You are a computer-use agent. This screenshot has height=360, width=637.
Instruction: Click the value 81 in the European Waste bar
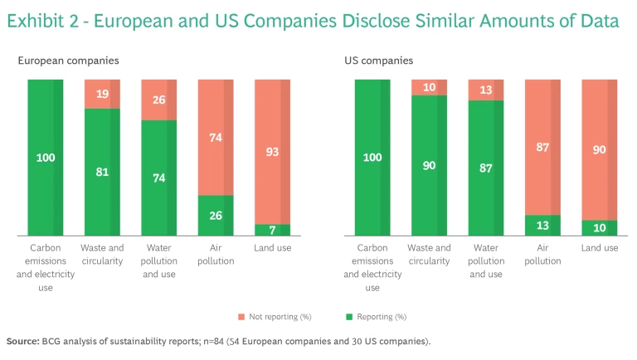coord(103,173)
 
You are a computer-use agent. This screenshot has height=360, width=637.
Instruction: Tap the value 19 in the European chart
coord(103,94)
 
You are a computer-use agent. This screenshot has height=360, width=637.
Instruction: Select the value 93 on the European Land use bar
coord(273,152)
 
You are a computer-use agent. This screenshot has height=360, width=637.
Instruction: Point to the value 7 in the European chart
coord(273,230)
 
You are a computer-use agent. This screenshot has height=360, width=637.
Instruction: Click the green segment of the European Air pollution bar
coord(216,216)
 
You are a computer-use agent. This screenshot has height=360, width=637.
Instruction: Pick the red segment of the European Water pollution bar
coord(159,100)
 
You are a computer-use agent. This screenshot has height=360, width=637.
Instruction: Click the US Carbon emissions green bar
coord(372,158)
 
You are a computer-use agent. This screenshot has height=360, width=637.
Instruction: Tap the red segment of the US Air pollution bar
coord(542,147)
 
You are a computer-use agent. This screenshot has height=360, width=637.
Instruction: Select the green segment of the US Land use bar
coord(600,228)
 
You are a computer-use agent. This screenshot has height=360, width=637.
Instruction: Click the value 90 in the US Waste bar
coord(429,166)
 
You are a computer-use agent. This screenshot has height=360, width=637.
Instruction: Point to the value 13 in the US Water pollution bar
coord(486,90)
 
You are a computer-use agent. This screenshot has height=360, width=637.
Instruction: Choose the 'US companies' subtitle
coord(378,61)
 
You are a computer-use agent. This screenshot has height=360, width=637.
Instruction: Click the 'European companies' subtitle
coord(68,61)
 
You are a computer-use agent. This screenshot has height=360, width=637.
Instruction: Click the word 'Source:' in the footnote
coord(22,341)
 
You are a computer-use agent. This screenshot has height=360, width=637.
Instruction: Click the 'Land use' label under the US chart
coord(600,248)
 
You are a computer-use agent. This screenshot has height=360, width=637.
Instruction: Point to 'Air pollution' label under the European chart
coord(216,254)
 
